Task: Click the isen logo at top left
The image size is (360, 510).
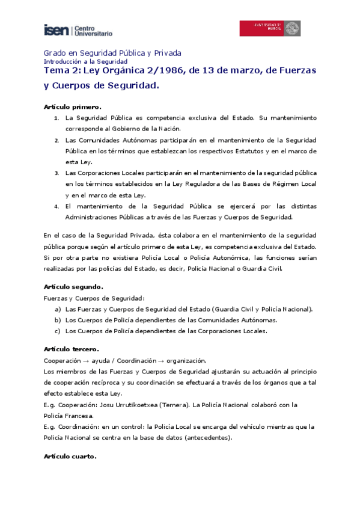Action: tap(78, 30)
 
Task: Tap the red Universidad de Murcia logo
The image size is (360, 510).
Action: tap(270, 28)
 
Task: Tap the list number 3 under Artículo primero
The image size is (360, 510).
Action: tap(56, 173)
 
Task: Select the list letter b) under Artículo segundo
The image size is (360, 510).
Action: tap(58, 320)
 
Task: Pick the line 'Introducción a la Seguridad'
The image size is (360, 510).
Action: tap(86, 61)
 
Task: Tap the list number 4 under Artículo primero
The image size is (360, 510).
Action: tap(56, 206)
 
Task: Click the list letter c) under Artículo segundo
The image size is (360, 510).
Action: tap(58, 331)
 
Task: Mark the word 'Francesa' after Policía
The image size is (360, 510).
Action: tap(79, 415)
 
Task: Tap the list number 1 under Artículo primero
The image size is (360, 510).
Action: tap(56, 118)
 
